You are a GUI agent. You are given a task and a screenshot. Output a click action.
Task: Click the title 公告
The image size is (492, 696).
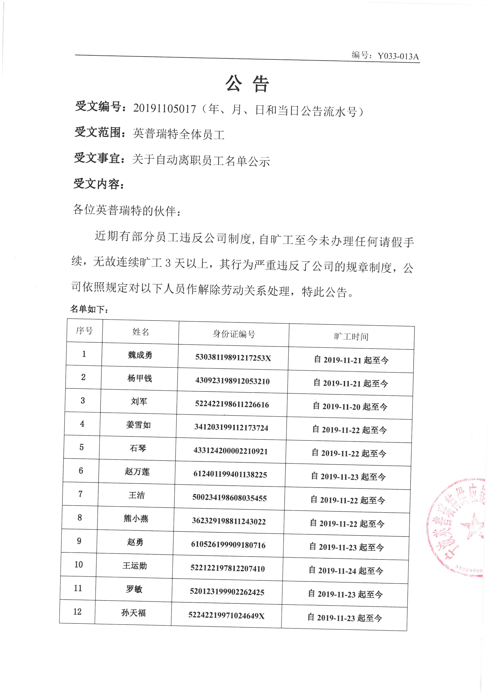click(x=247, y=84)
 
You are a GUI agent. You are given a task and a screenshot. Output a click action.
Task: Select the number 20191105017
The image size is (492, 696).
click(x=164, y=109)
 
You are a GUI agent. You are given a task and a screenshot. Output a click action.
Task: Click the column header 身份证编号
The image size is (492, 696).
click(x=234, y=334)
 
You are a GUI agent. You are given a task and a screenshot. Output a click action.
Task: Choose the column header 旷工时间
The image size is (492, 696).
click(x=351, y=336)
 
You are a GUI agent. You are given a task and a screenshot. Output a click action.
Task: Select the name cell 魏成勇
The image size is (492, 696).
click(x=140, y=355)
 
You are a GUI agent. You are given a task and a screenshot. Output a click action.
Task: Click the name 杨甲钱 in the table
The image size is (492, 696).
click(x=139, y=378)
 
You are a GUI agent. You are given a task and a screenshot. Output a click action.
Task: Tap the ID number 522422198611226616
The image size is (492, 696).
click(x=232, y=404)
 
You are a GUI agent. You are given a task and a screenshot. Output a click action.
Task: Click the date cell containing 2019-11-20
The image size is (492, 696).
click(x=350, y=406)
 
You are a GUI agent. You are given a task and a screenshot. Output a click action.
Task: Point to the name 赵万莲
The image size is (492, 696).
click(x=137, y=472)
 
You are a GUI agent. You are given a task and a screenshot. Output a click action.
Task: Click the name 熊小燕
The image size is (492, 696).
click(x=136, y=519)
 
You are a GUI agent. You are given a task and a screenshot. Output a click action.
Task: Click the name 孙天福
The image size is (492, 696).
click(x=133, y=613)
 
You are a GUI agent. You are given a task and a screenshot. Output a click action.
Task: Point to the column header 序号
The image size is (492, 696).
click(x=84, y=330)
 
